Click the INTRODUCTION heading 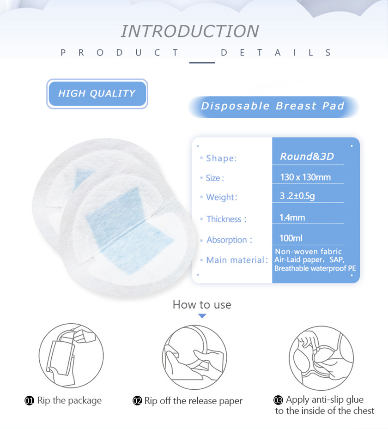coord(190,31)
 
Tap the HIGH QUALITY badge coord(97,94)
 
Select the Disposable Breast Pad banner coord(273,106)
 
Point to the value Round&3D coord(307,157)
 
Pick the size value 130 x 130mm coord(305,177)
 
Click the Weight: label coord(222,197)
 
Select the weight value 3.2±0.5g coord(297,196)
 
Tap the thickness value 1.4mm coord(292,218)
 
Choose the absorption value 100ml coord(291,238)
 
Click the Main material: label coord(237,260)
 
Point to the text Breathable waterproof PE coord(315,268)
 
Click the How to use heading coord(202,304)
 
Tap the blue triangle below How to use coord(202,316)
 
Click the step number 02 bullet coord(137,401)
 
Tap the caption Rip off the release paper coord(194,401)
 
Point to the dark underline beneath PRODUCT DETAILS coord(202,63)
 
